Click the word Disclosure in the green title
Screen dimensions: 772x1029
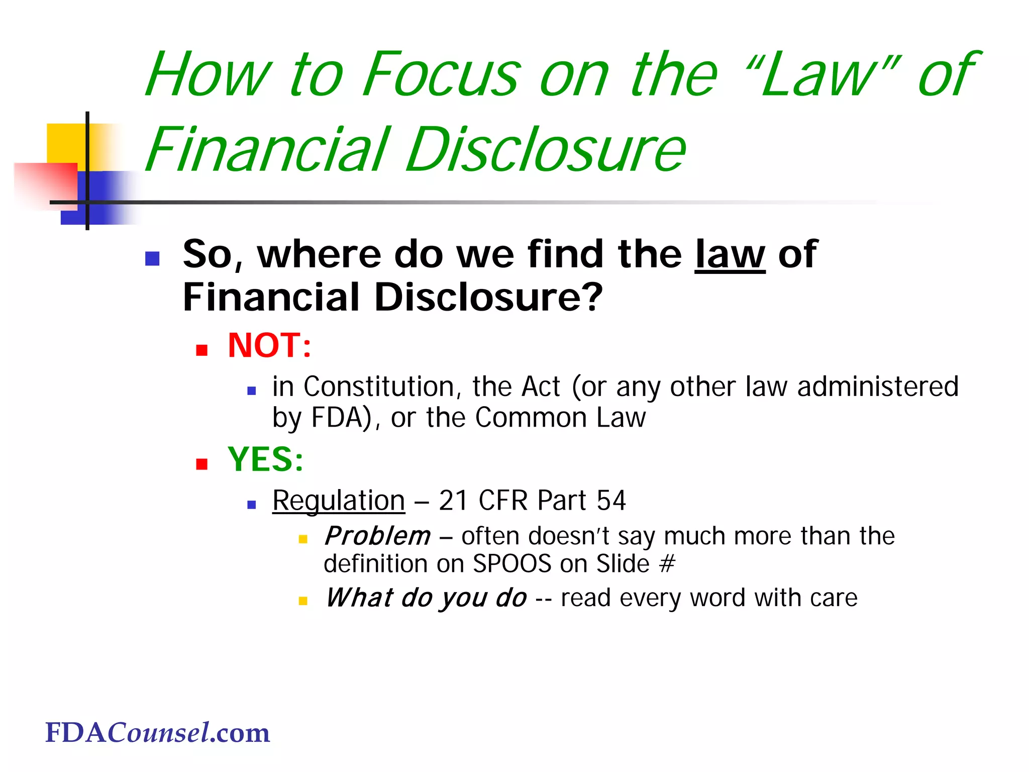(x=546, y=150)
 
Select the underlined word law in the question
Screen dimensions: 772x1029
(x=730, y=254)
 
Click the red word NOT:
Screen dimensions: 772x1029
(x=269, y=346)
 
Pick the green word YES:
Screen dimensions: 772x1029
(x=265, y=459)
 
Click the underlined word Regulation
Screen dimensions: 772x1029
(x=339, y=501)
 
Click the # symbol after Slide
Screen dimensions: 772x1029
(x=667, y=564)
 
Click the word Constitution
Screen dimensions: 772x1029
(x=379, y=387)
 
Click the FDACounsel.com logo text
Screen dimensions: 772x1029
(x=157, y=733)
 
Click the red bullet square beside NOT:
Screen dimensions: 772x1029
(x=202, y=350)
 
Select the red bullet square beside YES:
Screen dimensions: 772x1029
(x=202, y=463)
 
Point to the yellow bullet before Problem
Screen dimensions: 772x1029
(x=303, y=539)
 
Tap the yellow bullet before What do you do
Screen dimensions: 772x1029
(x=303, y=601)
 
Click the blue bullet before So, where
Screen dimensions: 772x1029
(x=152, y=258)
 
